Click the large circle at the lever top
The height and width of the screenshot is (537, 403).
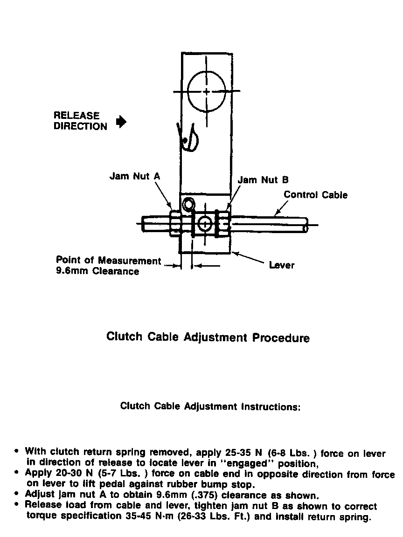tap(206, 91)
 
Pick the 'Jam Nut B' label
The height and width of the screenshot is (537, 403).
tap(263, 179)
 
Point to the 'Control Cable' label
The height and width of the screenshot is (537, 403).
tap(315, 195)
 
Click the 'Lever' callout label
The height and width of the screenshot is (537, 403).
tap(282, 265)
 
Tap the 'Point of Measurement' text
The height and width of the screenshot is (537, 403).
tap(108, 261)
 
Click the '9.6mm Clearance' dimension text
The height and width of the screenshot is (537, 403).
tap(97, 271)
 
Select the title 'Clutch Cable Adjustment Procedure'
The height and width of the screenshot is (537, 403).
tap(208, 337)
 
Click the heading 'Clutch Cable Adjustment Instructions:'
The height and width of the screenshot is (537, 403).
tap(210, 406)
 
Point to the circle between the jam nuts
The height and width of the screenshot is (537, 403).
tap(204, 224)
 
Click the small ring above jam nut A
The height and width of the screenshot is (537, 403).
tap(188, 204)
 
